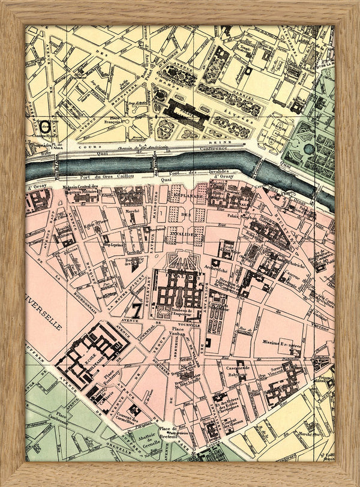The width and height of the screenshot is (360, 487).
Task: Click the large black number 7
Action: coord(136,310)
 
